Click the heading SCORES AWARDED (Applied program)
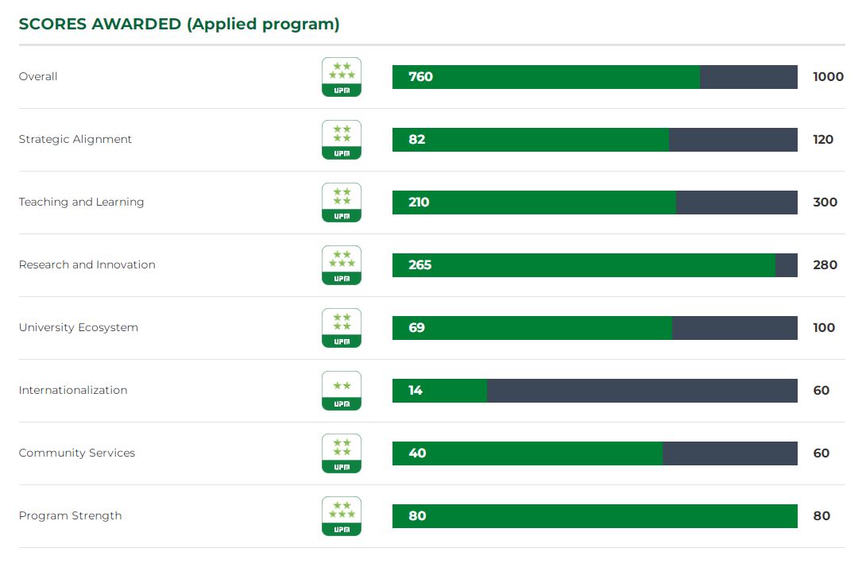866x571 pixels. (x=179, y=24)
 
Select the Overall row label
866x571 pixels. (x=38, y=76)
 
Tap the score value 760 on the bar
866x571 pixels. (x=420, y=77)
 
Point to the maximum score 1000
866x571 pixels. (x=828, y=77)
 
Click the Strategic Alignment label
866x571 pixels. (x=75, y=139)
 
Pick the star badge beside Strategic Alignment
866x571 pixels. (x=342, y=140)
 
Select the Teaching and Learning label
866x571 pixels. (x=81, y=202)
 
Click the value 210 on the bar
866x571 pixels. (x=419, y=203)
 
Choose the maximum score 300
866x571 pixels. (x=825, y=203)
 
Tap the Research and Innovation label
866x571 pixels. (x=87, y=264)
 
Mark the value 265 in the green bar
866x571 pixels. (x=419, y=265)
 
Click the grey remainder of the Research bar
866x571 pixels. (x=786, y=265)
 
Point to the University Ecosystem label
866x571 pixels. (x=79, y=327)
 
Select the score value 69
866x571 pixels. (x=416, y=328)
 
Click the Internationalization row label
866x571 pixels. (x=73, y=390)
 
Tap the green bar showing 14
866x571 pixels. (x=439, y=391)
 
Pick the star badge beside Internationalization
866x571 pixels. (x=342, y=391)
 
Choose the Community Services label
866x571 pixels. (x=77, y=453)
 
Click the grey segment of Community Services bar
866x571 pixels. (x=729, y=453)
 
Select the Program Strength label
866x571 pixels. (x=71, y=515)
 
